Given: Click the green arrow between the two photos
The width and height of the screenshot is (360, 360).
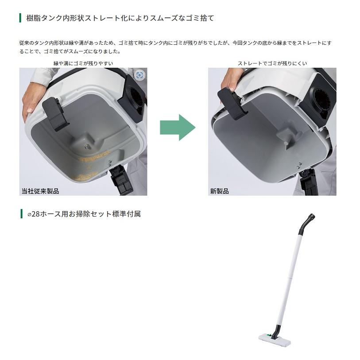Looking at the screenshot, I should [x=177, y=127].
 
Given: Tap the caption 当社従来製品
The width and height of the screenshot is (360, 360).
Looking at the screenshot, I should [x=40, y=191].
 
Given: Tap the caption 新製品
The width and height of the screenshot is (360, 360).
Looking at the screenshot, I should [x=219, y=191].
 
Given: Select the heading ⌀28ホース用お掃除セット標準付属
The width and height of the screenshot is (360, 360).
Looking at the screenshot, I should [x=84, y=214].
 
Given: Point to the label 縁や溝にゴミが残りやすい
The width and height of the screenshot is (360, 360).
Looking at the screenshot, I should [x=83, y=63].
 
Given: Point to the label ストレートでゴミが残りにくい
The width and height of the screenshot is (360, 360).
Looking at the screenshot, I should [x=272, y=63].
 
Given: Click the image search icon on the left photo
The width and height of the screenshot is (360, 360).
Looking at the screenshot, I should [x=139, y=75].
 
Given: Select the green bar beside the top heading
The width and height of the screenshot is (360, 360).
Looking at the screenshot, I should [x=20, y=18].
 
